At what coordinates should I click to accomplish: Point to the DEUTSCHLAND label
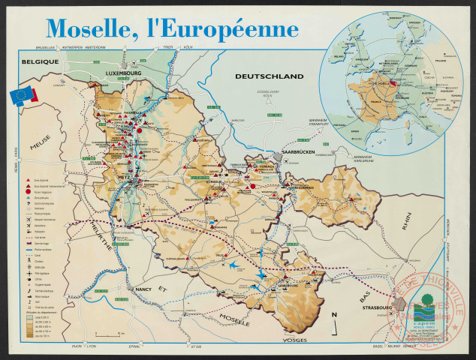[x=269, y=76]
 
